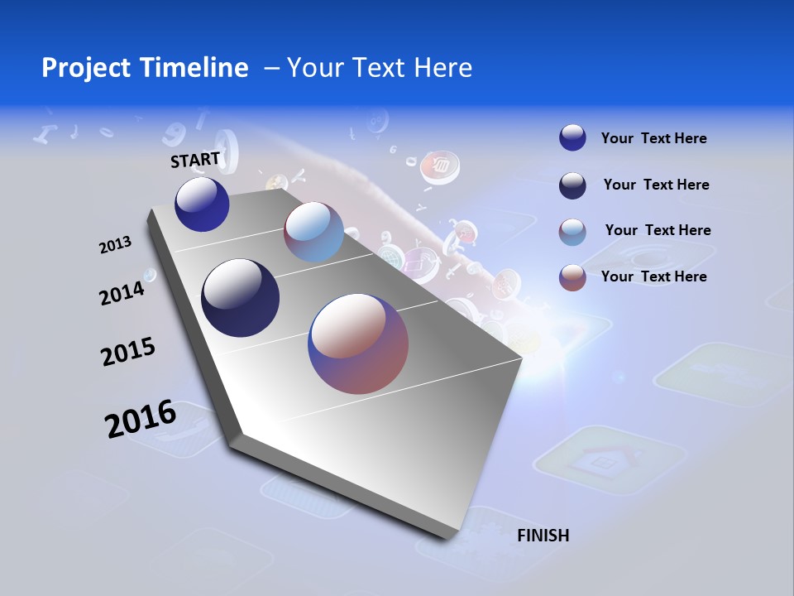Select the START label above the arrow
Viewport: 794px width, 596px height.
(x=195, y=159)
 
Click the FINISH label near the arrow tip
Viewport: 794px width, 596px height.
(x=543, y=536)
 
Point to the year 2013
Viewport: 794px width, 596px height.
(x=115, y=245)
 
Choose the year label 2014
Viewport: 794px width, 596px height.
(x=122, y=293)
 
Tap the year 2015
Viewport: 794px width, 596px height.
(x=128, y=352)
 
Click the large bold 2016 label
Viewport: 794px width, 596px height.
(x=141, y=419)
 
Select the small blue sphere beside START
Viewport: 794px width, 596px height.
(x=202, y=204)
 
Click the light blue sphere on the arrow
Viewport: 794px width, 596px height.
(x=313, y=233)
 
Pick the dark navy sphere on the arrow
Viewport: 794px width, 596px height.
(x=241, y=298)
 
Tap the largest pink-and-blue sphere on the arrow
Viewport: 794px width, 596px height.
(x=358, y=344)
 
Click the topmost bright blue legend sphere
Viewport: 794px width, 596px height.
(x=572, y=137)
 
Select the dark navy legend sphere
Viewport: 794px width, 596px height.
(x=572, y=185)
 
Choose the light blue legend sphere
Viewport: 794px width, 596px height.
(x=572, y=232)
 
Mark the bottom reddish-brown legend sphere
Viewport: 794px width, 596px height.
(x=572, y=277)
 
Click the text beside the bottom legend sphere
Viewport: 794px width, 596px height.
(x=653, y=276)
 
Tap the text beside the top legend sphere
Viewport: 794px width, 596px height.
(x=653, y=138)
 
